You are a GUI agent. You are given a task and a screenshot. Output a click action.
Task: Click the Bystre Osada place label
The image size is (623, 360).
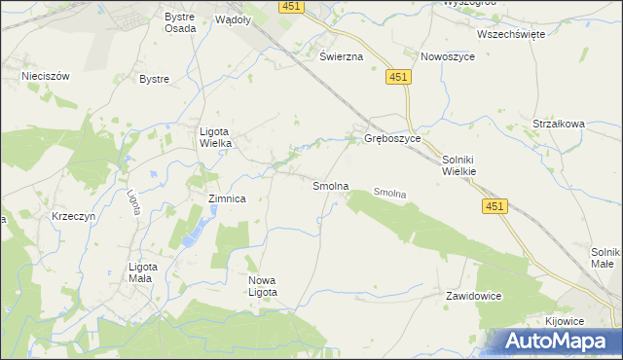tap(180, 22)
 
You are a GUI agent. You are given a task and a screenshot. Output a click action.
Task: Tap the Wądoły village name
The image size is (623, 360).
tap(233, 18)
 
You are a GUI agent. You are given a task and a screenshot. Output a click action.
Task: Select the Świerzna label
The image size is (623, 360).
tap(342, 56)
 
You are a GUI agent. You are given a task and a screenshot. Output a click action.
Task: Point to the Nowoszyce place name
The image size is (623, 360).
tap(447, 56)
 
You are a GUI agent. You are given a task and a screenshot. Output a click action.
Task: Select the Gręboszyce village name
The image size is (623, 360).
tap(392, 139)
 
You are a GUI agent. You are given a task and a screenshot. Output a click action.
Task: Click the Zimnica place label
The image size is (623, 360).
tap(227, 198)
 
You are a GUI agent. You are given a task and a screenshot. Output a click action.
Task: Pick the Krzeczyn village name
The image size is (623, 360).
tap(75, 216)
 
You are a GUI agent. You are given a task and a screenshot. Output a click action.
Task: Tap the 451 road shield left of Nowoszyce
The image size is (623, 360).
tap(396, 77)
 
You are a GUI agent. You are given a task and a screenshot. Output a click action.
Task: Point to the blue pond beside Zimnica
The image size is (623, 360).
tap(194, 232)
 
